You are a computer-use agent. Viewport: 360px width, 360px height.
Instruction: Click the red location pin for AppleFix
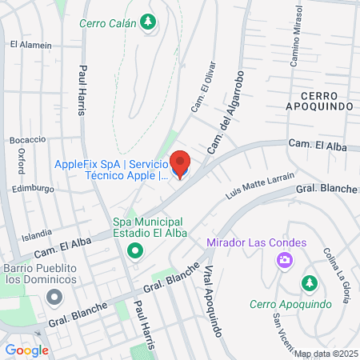click(x=181, y=163)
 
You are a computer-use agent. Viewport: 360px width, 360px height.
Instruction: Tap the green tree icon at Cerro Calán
click(x=148, y=22)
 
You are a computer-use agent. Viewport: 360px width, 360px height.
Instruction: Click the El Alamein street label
click(x=31, y=46)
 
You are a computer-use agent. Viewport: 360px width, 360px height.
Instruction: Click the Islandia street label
click(x=37, y=235)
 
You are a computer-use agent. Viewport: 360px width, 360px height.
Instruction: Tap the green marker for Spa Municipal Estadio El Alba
click(x=134, y=253)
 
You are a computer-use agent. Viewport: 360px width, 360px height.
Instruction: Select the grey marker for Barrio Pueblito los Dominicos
click(x=54, y=298)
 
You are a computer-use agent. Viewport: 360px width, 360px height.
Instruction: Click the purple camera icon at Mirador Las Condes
click(x=283, y=260)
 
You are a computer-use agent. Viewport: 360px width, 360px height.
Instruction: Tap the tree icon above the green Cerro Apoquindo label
click(x=309, y=284)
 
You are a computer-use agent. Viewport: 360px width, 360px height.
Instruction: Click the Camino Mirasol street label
click(x=297, y=35)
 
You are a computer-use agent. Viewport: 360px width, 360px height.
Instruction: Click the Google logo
click(x=26, y=350)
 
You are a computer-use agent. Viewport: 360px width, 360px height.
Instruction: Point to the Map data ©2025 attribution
click(x=325, y=354)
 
